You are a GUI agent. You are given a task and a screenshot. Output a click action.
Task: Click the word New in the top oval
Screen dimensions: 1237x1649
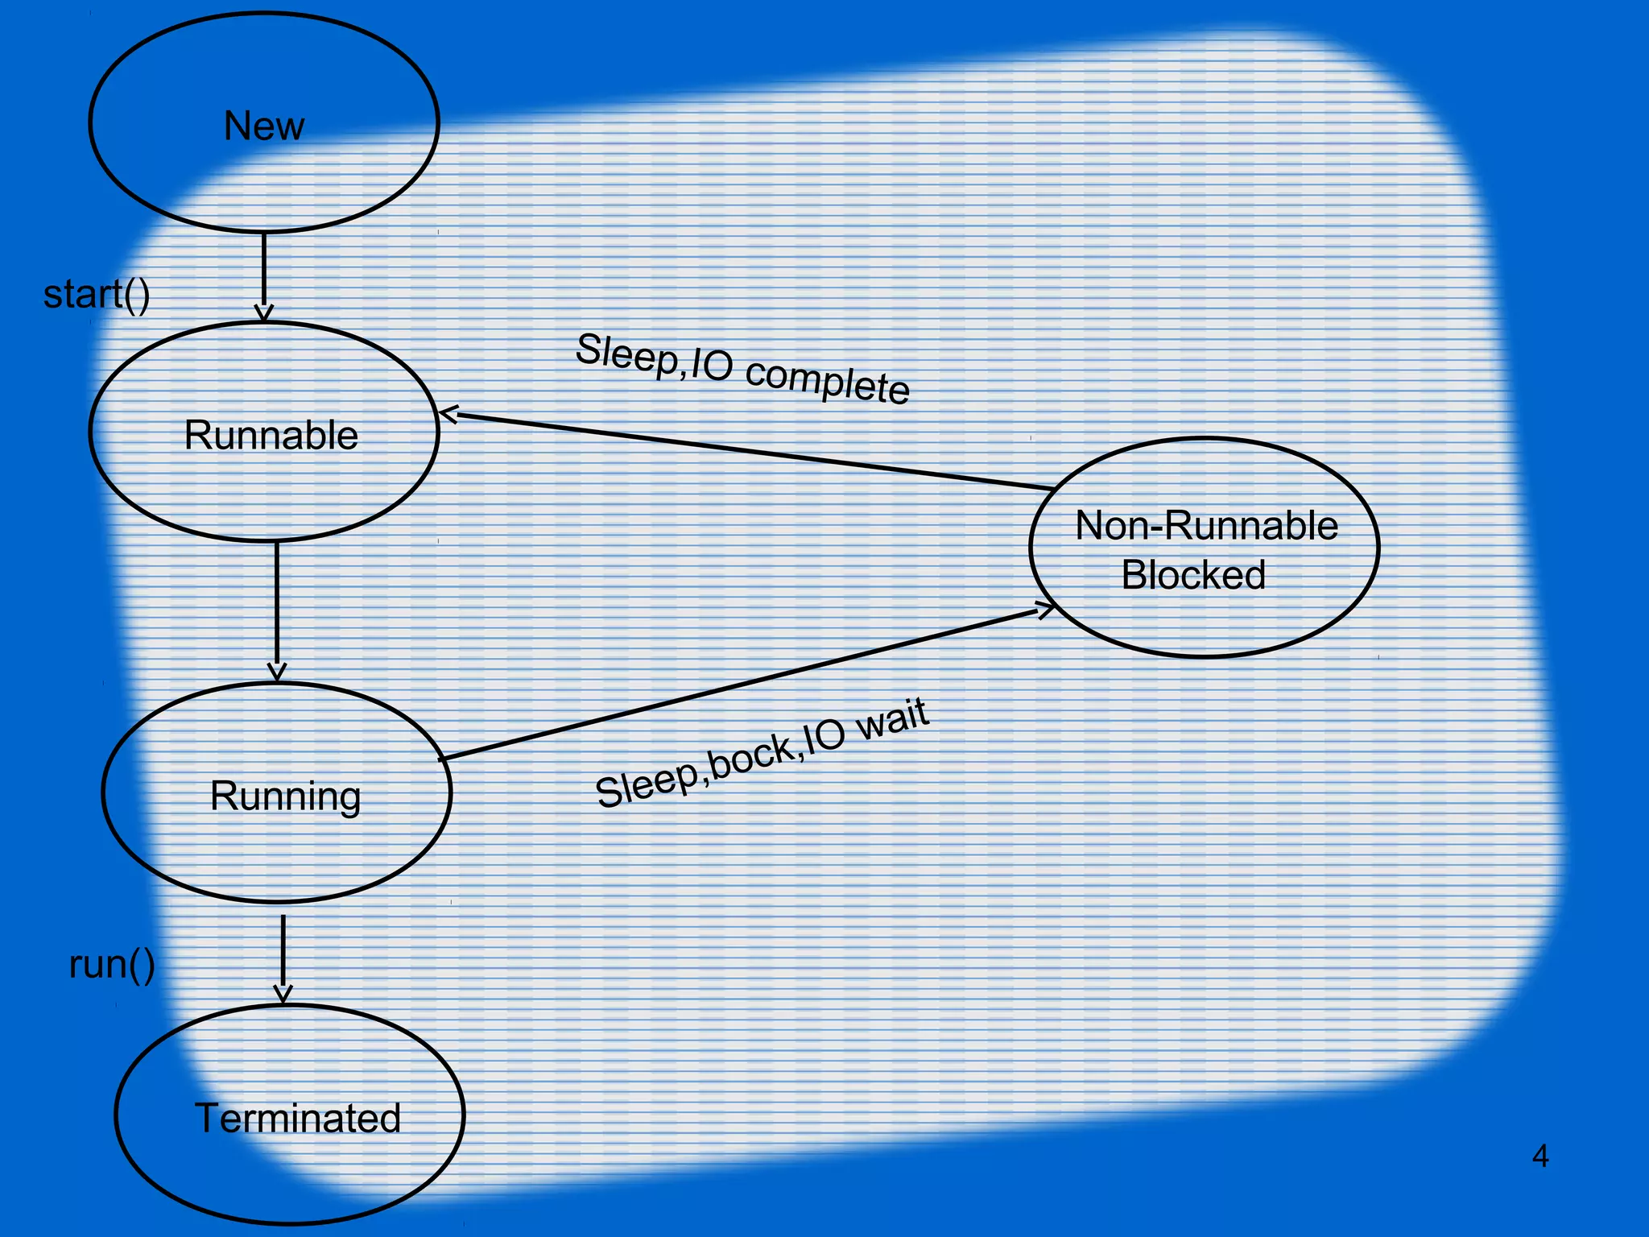[x=264, y=126]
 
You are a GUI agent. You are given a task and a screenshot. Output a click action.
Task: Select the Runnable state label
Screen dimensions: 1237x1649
[x=271, y=435]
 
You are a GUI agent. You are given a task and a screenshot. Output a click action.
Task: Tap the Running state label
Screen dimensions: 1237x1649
[x=285, y=796]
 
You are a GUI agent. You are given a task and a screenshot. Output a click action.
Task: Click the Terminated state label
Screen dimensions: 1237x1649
[x=297, y=1118]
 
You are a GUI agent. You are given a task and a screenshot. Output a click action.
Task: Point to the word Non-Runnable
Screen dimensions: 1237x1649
[x=1206, y=525]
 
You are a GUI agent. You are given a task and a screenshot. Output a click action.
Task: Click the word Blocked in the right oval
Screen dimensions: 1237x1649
[x=1193, y=575]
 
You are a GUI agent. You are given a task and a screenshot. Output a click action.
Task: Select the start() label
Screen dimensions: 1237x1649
[x=97, y=295]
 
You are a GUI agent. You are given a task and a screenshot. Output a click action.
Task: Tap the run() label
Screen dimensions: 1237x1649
[x=112, y=965]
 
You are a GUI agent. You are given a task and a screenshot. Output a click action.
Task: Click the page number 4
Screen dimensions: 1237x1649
[x=1539, y=1156]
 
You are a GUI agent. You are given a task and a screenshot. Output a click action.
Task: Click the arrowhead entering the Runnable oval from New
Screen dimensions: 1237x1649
[x=264, y=314]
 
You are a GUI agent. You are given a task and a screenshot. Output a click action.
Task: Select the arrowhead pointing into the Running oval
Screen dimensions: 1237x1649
[x=277, y=673]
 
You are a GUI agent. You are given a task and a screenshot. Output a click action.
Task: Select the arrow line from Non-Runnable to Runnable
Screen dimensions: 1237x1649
[x=749, y=452]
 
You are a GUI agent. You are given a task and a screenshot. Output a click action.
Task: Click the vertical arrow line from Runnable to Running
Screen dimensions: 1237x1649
[x=277, y=604]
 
